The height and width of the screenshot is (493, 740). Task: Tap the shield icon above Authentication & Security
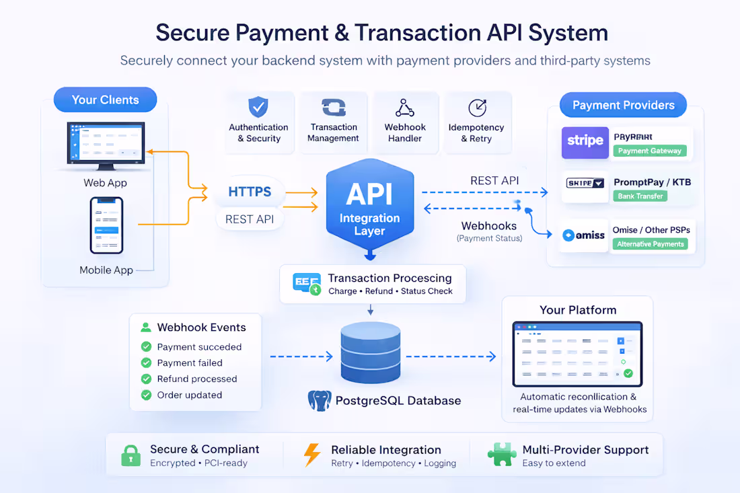pyautogui.click(x=258, y=107)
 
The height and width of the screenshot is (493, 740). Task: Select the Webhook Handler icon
pyautogui.click(x=405, y=108)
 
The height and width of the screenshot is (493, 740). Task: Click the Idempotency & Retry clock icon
pyautogui.click(x=477, y=108)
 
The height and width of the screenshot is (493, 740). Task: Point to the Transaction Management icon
pyautogui.click(x=334, y=108)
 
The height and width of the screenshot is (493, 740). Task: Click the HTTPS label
pyautogui.click(x=250, y=192)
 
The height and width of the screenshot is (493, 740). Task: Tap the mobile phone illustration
pyautogui.click(x=107, y=225)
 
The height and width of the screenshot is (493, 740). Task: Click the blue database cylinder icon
pyautogui.click(x=370, y=352)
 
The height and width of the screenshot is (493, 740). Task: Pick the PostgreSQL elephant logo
pyautogui.click(x=320, y=401)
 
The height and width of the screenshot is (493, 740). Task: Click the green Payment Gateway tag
pyautogui.click(x=649, y=151)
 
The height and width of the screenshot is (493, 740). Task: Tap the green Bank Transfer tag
pyautogui.click(x=640, y=196)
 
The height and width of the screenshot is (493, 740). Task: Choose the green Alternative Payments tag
pyautogui.click(x=651, y=244)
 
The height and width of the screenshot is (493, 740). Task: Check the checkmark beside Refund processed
pyautogui.click(x=146, y=379)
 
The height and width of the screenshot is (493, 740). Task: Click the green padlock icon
pyautogui.click(x=131, y=455)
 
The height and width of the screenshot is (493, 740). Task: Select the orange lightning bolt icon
pyautogui.click(x=312, y=455)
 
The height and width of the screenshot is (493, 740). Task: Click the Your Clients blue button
pyautogui.click(x=105, y=100)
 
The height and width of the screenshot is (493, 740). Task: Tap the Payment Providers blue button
pyautogui.click(x=623, y=105)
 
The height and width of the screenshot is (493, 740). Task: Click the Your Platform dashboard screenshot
pyautogui.click(x=577, y=353)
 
